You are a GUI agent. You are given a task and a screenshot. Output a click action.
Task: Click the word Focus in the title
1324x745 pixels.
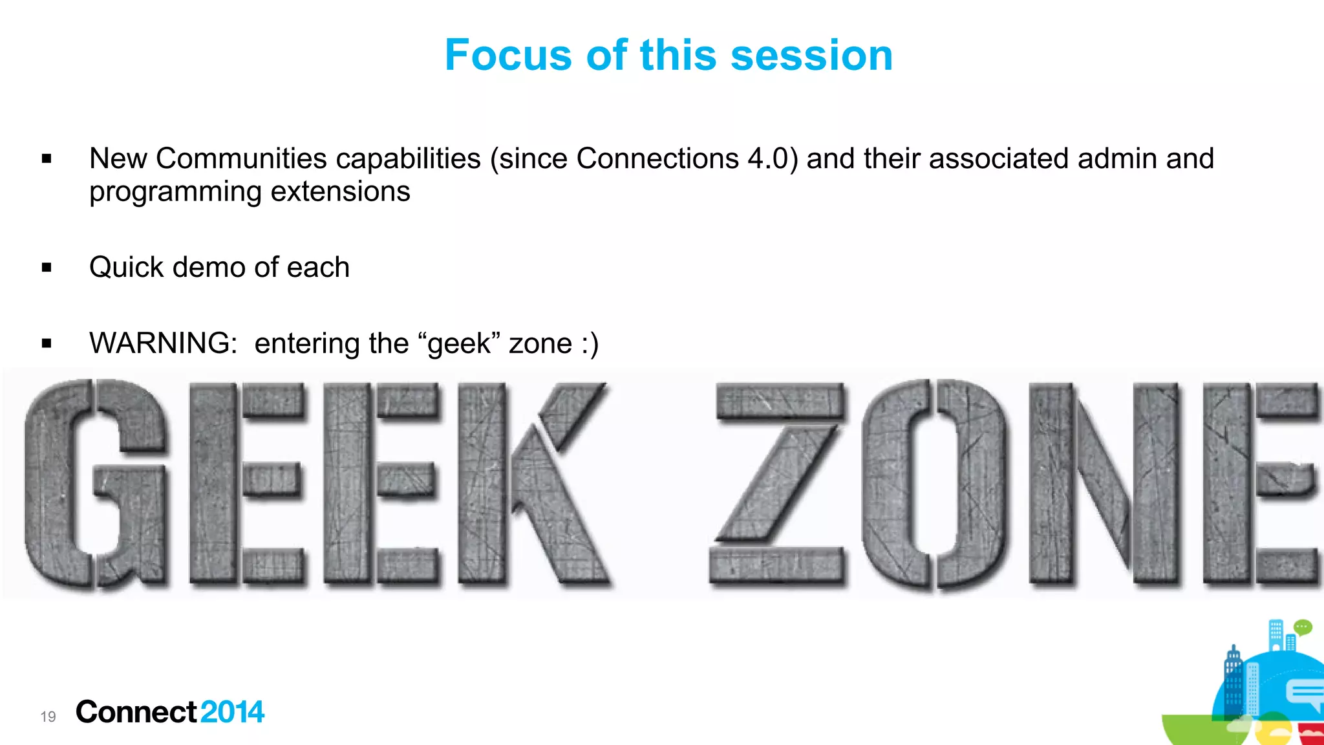tap(508, 55)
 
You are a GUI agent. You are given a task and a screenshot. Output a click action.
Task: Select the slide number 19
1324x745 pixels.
tap(48, 717)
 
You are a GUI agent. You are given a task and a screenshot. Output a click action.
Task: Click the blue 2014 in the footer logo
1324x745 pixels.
tap(232, 712)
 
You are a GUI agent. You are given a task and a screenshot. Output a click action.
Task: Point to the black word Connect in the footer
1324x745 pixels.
tap(136, 712)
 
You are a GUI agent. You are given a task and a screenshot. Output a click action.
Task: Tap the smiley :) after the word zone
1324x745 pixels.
tap(590, 343)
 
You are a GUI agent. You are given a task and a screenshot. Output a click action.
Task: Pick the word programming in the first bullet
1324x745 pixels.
tap(175, 192)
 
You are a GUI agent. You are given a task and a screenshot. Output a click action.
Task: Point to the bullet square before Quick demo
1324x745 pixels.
tap(47, 267)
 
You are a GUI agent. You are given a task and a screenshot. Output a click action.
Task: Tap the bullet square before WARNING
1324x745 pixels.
tap(47, 343)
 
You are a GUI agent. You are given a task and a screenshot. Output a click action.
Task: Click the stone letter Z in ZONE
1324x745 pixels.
tap(777, 484)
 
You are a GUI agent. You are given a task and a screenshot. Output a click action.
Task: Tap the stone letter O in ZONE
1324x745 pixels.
tap(934, 484)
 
